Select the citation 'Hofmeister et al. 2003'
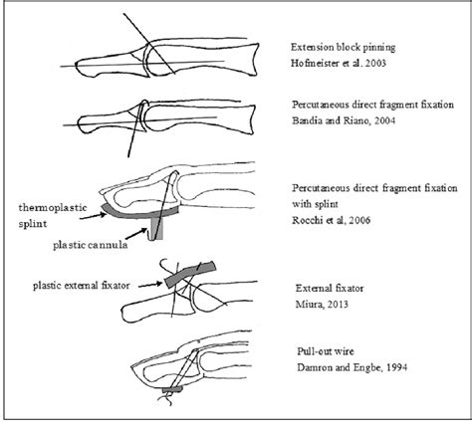(339, 63)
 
